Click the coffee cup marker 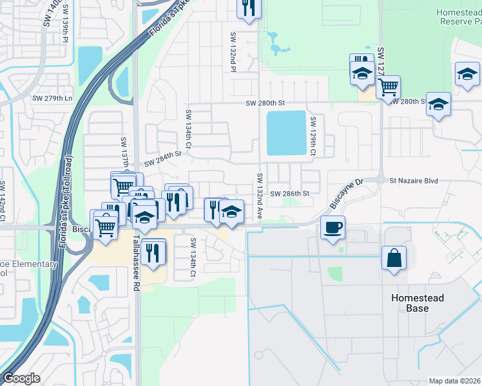(x=333, y=227)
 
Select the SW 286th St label (x=290, y=193)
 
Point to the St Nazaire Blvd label (x=414, y=181)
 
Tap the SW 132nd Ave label (x=260, y=196)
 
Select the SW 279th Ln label (x=52, y=98)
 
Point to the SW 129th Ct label (x=313, y=136)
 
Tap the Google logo (x=22, y=378)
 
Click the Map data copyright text (x=455, y=381)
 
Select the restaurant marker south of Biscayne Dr (x=153, y=252)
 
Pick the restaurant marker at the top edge (x=248, y=8)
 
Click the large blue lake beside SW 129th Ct (x=286, y=133)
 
